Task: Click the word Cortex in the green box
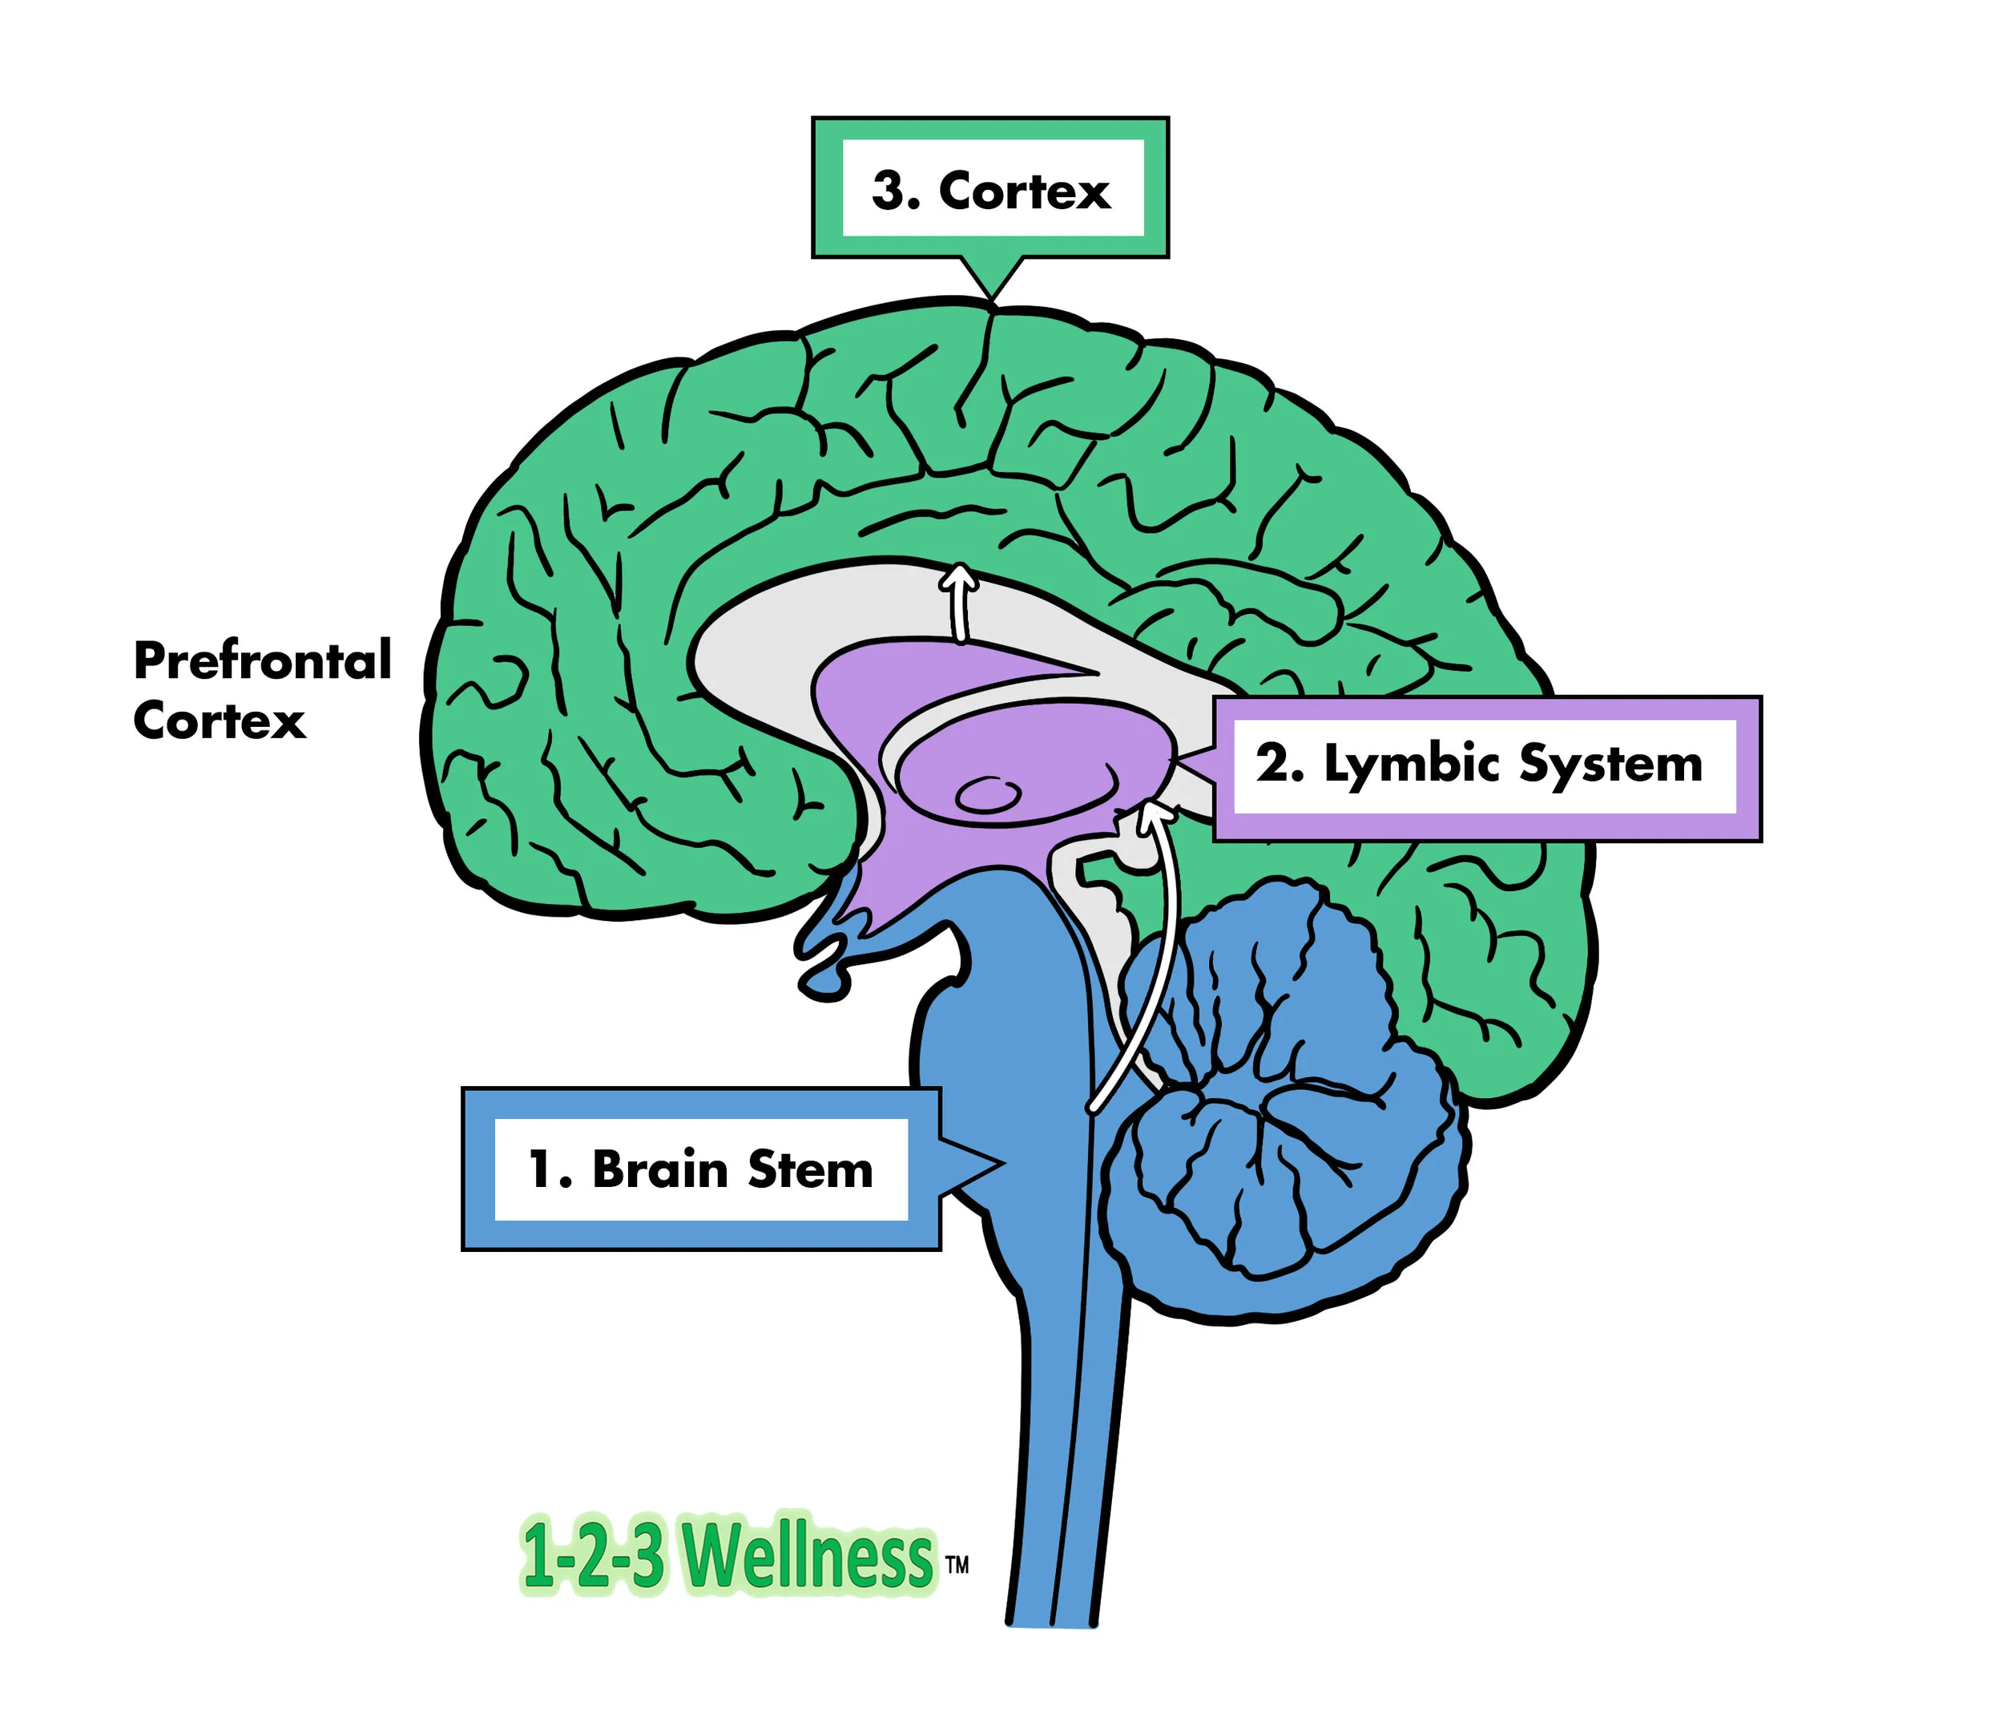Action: click(x=1024, y=191)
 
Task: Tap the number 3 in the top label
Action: click(x=894, y=191)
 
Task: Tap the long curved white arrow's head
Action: click(x=1153, y=812)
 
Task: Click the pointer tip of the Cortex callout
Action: click(x=991, y=296)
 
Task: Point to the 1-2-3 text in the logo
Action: click(x=592, y=1556)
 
